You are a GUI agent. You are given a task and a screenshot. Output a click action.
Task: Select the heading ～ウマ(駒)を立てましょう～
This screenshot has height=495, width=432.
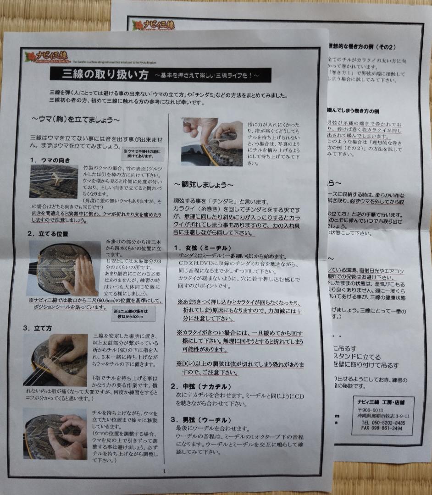76,120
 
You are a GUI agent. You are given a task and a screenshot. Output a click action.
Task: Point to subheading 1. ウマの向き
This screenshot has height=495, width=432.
50,160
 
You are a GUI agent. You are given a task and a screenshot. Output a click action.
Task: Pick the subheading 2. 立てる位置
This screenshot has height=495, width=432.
48,233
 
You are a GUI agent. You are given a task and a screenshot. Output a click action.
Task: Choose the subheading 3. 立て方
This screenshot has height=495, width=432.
38,328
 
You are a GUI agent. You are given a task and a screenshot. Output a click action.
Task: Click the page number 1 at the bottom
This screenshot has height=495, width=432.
164,471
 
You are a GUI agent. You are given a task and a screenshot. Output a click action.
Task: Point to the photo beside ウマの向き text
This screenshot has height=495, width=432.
53,181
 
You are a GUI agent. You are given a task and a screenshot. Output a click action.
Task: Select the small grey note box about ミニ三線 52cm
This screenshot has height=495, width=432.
133,313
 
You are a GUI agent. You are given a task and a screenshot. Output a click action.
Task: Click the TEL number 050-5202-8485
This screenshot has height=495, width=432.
383,422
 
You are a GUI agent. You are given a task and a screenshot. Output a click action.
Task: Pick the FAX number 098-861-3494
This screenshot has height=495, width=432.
382,428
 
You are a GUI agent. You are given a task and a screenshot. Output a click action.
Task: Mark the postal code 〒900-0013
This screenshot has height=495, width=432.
370,410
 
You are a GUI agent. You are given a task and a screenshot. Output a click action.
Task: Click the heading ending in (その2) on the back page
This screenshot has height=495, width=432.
362,47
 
